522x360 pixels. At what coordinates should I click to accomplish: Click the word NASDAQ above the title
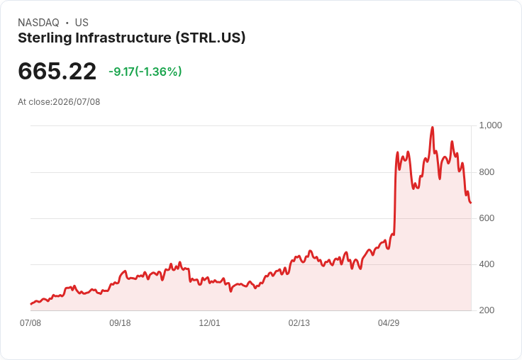(x=38, y=23)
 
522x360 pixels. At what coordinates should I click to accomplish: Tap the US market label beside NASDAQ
(x=82, y=23)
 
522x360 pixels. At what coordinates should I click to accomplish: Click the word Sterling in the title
(x=45, y=38)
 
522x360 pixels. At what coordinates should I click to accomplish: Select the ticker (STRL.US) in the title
(x=211, y=38)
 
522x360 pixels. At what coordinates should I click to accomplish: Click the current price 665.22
(x=57, y=71)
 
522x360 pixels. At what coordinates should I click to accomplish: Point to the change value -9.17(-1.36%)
(x=145, y=72)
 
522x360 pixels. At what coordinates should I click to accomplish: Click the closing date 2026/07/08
(x=76, y=102)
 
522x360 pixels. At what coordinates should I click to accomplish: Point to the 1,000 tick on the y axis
(x=490, y=125)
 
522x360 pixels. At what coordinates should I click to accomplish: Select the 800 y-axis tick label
(x=487, y=172)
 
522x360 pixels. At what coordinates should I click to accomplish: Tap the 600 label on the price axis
(x=487, y=218)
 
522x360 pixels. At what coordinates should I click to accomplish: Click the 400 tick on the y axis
(x=487, y=264)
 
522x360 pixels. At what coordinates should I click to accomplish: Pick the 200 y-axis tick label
(x=487, y=310)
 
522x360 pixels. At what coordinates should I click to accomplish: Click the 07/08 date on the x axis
(x=30, y=322)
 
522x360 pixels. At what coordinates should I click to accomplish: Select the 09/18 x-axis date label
(x=120, y=322)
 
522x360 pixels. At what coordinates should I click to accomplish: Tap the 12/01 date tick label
(x=209, y=322)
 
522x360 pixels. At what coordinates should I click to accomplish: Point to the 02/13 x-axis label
(x=299, y=322)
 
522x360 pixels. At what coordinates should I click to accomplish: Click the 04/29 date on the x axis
(x=389, y=322)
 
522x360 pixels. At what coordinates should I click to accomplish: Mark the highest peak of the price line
(x=433, y=127)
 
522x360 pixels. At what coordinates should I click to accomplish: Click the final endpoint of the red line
(x=470, y=203)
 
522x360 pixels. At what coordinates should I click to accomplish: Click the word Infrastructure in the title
(x=123, y=38)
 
